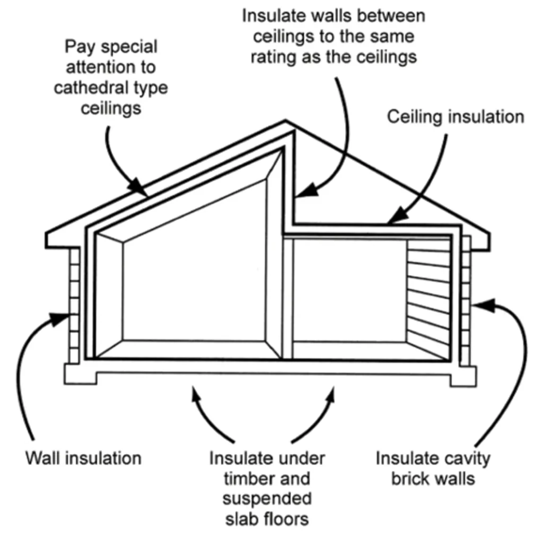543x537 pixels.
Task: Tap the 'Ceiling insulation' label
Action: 456,117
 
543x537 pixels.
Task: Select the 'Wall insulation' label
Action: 84,457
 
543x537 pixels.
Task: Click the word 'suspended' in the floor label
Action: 267,499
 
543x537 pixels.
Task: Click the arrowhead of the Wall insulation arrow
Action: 66,317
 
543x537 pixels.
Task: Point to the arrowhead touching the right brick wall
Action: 480,305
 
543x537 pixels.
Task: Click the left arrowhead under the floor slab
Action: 196,394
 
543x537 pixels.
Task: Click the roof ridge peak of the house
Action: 286,123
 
